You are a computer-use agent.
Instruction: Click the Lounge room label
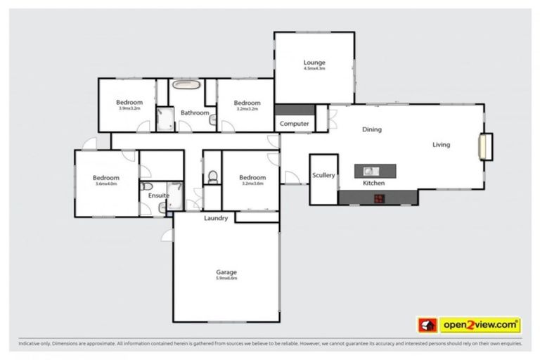pyautogui.click(x=314, y=63)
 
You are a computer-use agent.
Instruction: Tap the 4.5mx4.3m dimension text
pyautogui.click(x=314, y=69)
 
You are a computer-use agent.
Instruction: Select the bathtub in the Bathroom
pyautogui.click(x=188, y=87)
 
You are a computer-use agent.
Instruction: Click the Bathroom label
pyautogui.click(x=195, y=112)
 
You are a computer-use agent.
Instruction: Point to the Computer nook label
pyautogui.click(x=295, y=124)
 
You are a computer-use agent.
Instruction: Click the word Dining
pyautogui.click(x=371, y=129)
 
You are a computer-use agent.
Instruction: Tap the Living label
pyautogui.click(x=441, y=145)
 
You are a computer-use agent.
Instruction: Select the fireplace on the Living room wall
pyautogui.click(x=484, y=146)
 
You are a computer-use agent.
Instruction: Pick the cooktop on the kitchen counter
pyautogui.click(x=378, y=198)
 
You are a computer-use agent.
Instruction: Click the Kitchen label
pyautogui.click(x=373, y=183)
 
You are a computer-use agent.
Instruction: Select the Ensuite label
pyautogui.click(x=157, y=195)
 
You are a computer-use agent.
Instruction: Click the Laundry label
pyautogui.click(x=216, y=218)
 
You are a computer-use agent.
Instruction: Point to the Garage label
pyautogui.click(x=226, y=271)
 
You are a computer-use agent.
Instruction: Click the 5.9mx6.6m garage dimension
pyautogui.click(x=226, y=278)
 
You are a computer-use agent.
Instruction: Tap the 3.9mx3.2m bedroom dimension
pyautogui.click(x=129, y=109)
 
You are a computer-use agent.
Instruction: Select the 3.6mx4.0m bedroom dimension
pyautogui.click(x=106, y=184)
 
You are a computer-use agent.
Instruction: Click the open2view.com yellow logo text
pyautogui.click(x=481, y=325)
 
